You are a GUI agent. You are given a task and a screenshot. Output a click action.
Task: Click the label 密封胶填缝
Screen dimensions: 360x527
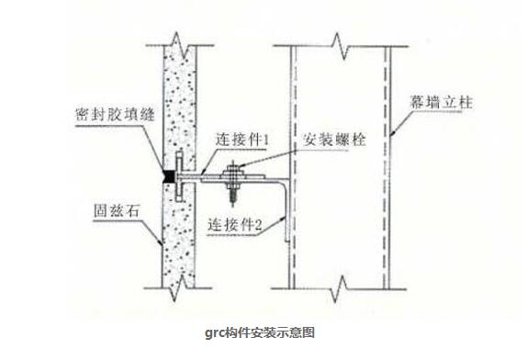(111, 118)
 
